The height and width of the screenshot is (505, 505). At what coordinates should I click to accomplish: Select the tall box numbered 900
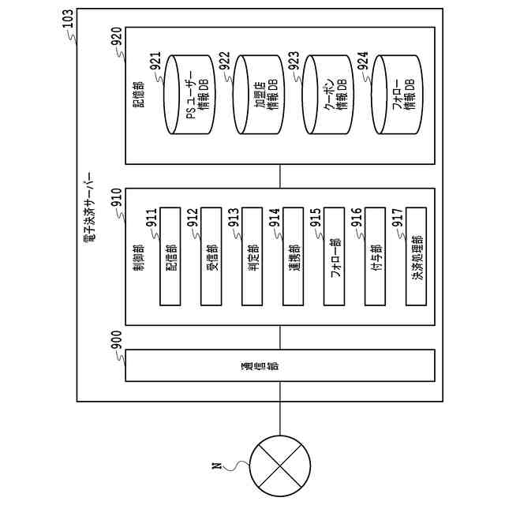point(280,365)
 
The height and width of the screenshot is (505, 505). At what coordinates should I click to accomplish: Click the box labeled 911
point(171,256)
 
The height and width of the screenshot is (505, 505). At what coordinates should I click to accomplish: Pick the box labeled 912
point(211,256)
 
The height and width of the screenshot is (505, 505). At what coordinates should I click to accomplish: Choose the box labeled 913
point(252,256)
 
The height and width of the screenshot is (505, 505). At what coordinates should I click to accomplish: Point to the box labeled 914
point(294,256)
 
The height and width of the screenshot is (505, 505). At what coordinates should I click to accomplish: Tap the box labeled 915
point(335,256)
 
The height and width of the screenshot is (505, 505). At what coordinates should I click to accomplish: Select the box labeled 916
point(376,256)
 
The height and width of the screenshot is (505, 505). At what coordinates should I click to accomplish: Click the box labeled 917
point(417,256)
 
